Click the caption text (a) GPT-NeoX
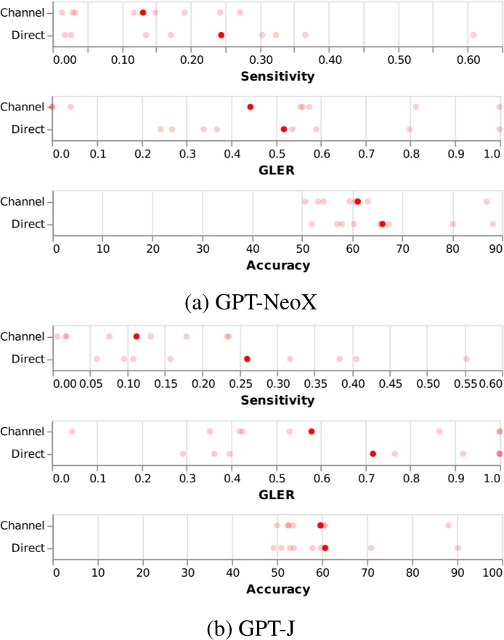[252, 301]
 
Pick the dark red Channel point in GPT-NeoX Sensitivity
[143, 13]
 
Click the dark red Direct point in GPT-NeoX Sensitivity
[221, 35]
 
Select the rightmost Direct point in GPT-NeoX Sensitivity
[473, 35]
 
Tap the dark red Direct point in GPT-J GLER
[373, 453]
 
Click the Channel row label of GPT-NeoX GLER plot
[23, 107]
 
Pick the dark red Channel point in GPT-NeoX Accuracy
[357, 201]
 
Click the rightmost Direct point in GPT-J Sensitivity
[466, 359]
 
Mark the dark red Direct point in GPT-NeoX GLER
[284, 129]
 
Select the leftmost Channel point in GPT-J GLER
[72, 432]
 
